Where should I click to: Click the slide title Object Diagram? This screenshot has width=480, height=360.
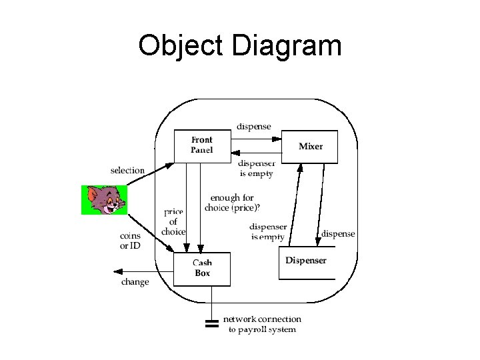pyautogui.click(x=239, y=46)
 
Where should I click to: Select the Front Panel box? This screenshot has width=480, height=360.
pyautogui.click(x=201, y=145)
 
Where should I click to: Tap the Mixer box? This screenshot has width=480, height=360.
pyautogui.click(x=310, y=147)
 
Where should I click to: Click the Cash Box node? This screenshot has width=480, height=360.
pyautogui.click(x=202, y=269)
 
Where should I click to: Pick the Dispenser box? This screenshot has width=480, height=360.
pyautogui.click(x=306, y=261)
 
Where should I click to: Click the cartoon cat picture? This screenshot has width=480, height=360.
pyautogui.click(x=104, y=199)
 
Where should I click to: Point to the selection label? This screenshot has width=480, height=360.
pyautogui.click(x=127, y=171)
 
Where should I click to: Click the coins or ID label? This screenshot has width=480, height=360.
pyautogui.click(x=130, y=241)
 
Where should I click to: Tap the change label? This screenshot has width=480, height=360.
pyautogui.click(x=135, y=282)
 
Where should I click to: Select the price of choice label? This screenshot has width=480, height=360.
pyautogui.click(x=173, y=222)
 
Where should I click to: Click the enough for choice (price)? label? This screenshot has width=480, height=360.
pyautogui.click(x=232, y=203)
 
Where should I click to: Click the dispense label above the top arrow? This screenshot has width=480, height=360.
pyautogui.click(x=254, y=126)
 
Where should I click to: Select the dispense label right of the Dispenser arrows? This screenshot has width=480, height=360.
pyautogui.click(x=338, y=234)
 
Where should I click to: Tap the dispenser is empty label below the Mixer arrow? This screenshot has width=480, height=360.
pyautogui.click(x=256, y=169)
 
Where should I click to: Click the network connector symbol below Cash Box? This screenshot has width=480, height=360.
pyautogui.click(x=212, y=325)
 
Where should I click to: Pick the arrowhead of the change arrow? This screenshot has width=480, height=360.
pyautogui.click(x=118, y=271)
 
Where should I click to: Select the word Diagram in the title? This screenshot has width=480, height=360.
pyautogui.click(x=288, y=46)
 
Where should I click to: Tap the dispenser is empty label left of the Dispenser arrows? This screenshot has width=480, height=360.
pyautogui.click(x=268, y=232)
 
